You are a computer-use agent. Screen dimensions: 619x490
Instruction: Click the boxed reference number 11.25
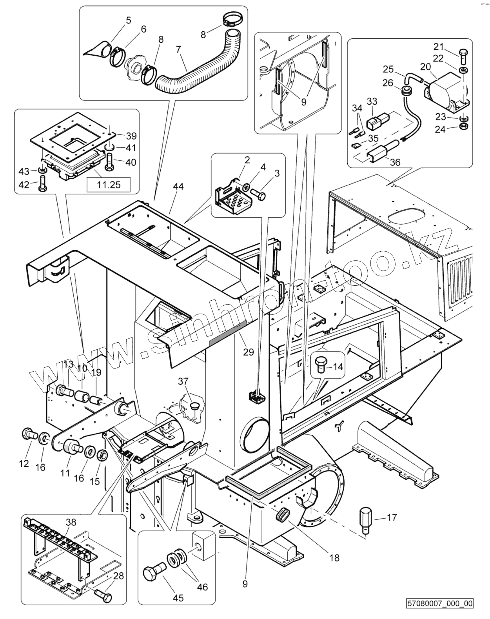[108, 184]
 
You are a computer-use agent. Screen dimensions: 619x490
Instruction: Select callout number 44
[178, 187]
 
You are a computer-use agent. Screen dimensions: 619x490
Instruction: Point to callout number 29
[249, 352]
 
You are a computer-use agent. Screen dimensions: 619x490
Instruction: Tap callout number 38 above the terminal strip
[71, 522]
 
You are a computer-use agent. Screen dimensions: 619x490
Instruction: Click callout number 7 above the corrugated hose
[178, 50]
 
